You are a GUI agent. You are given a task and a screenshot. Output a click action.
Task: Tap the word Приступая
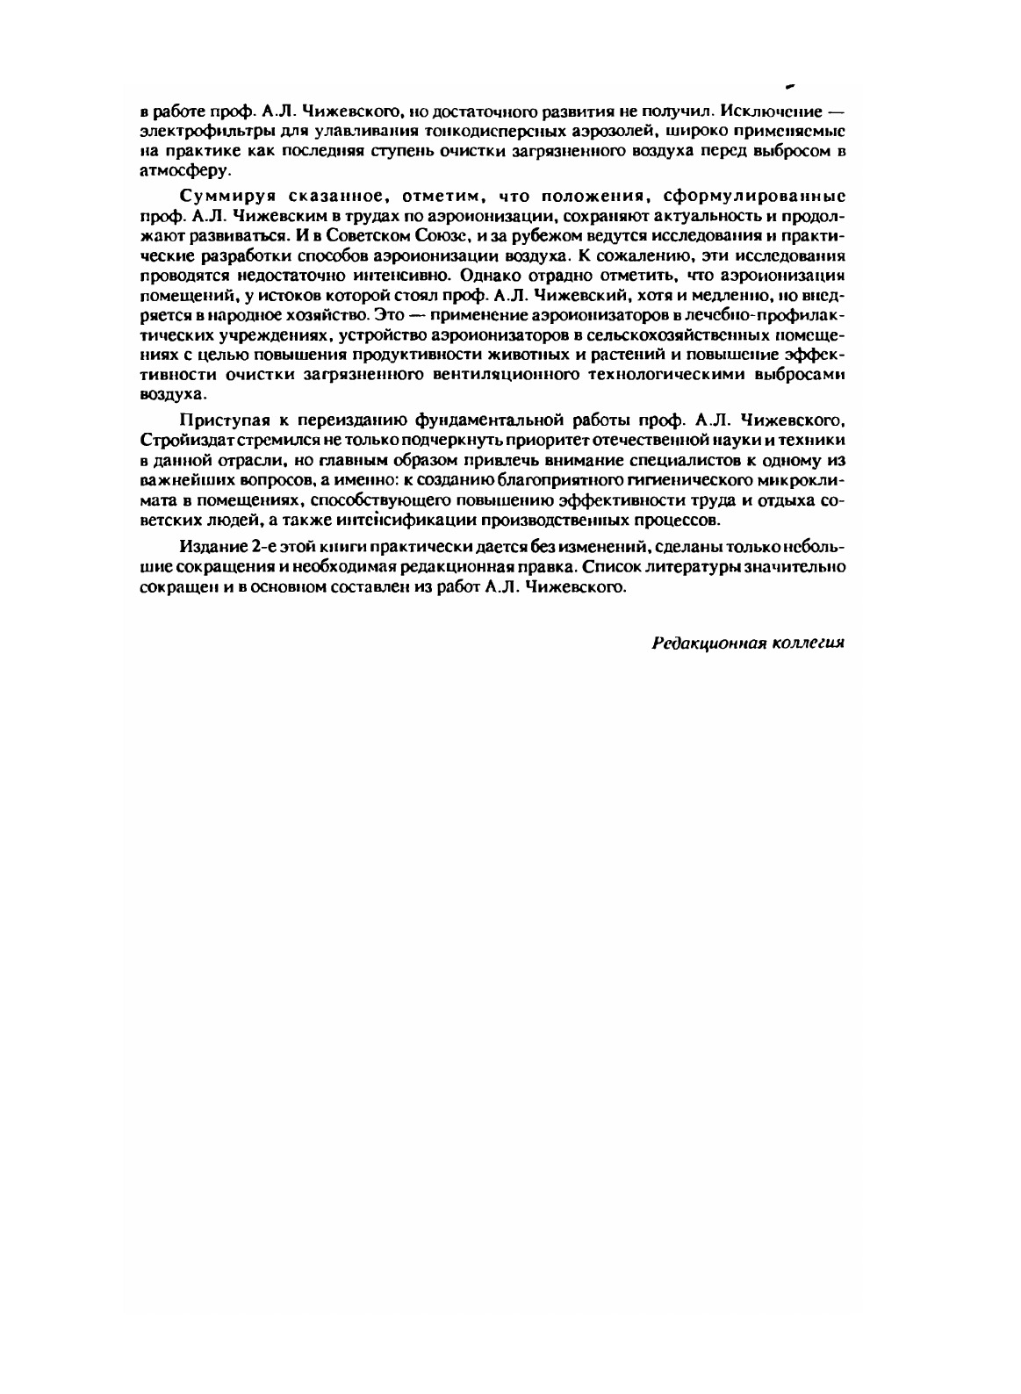(219, 419)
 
